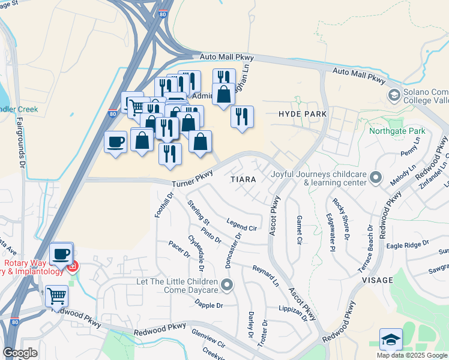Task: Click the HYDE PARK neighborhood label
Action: pyautogui.click(x=303, y=113)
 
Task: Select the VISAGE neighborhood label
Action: pyautogui.click(x=378, y=280)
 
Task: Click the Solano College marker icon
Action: pyautogui.click(x=394, y=95)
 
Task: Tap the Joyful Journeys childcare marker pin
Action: pyautogui.click(x=376, y=177)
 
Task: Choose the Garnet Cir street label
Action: pyautogui.click(x=299, y=230)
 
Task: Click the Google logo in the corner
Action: pyautogui.click(x=20, y=353)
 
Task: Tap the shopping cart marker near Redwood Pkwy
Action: pyautogui.click(x=56, y=295)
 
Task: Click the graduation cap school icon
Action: pyautogui.click(x=391, y=339)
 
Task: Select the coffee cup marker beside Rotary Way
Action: pyautogui.click(x=61, y=253)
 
